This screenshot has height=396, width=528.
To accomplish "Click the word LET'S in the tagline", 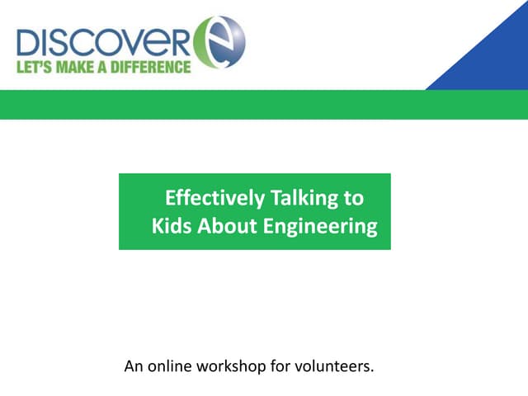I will pos(35,67).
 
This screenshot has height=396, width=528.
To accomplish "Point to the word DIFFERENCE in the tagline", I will pos(152,67).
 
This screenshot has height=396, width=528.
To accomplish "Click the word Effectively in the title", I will pos(214,198).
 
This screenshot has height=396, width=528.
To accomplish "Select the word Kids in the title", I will pos(171,226).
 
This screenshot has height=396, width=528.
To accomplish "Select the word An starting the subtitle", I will pos(132,365).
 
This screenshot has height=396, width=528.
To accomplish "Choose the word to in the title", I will pos(353,198).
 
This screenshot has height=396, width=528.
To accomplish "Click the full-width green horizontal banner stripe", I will pos(264,104).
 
